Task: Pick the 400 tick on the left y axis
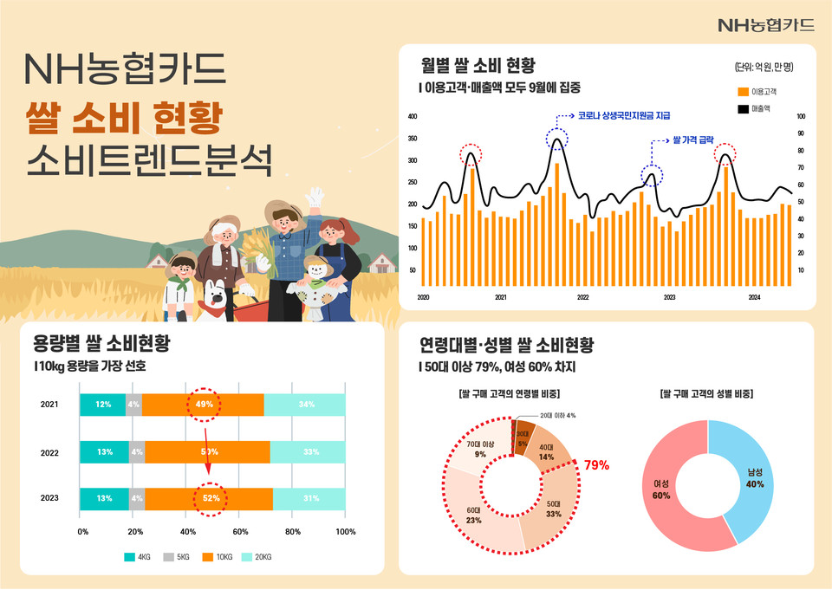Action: click(413, 116)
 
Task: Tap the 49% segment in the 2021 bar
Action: click(203, 405)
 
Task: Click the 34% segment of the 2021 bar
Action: click(305, 405)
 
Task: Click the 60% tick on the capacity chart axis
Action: click(241, 531)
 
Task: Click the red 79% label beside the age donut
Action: click(596, 465)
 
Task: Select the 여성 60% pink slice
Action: click(662, 490)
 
